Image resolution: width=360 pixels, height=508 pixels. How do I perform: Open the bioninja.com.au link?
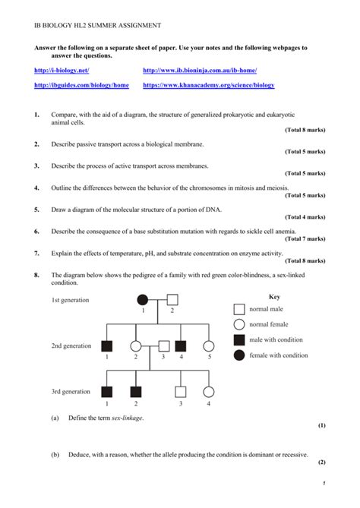(x=200, y=71)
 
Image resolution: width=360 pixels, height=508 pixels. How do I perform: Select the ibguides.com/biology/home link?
(x=81, y=86)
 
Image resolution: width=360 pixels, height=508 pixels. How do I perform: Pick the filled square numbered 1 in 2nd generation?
(x=107, y=346)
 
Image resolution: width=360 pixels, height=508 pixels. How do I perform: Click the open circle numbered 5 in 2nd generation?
(x=209, y=346)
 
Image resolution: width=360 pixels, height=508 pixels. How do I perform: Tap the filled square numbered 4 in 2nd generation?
(x=181, y=346)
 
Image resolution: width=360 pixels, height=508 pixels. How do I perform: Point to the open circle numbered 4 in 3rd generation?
(x=209, y=393)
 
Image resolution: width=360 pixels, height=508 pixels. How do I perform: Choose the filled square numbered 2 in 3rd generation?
(x=136, y=393)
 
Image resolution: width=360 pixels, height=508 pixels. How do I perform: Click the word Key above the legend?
(x=275, y=297)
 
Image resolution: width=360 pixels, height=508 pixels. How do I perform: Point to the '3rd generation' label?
(x=71, y=392)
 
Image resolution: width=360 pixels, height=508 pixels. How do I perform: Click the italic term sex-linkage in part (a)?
(x=129, y=418)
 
